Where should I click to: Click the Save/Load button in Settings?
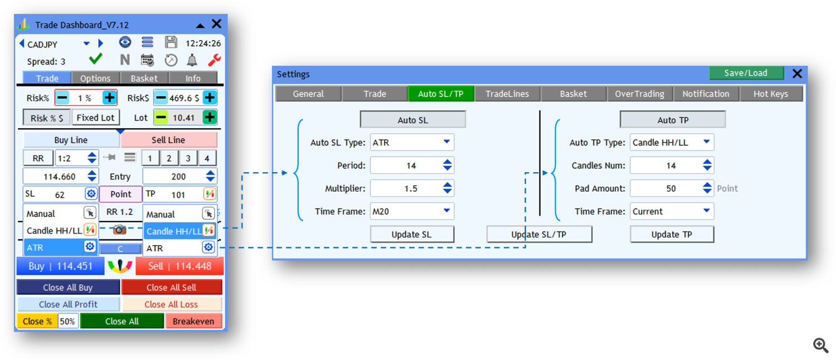pyautogui.click(x=746, y=73)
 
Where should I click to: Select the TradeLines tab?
pyautogui.click(x=507, y=94)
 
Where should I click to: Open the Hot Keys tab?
pyautogui.click(x=771, y=94)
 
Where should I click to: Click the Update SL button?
pyautogui.click(x=412, y=234)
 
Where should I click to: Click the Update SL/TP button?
pyautogui.click(x=539, y=234)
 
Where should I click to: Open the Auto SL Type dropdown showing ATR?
pyautogui.click(x=412, y=142)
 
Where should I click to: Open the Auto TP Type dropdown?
pyautogui.click(x=672, y=142)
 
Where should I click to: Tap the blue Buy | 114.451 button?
pyautogui.click(x=60, y=266)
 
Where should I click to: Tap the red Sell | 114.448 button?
pyautogui.click(x=179, y=266)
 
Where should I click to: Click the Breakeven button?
pyautogui.click(x=193, y=321)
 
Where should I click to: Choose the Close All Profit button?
pyautogui.click(x=69, y=304)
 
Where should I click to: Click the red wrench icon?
pyautogui.click(x=215, y=60)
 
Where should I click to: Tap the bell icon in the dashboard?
pyautogui.click(x=192, y=60)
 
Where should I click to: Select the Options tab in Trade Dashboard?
pyautogui.click(x=95, y=79)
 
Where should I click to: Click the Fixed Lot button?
pyautogui.click(x=95, y=118)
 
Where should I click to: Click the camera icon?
pyautogui.click(x=119, y=230)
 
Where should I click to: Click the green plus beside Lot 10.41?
pyautogui.click(x=210, y=118)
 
